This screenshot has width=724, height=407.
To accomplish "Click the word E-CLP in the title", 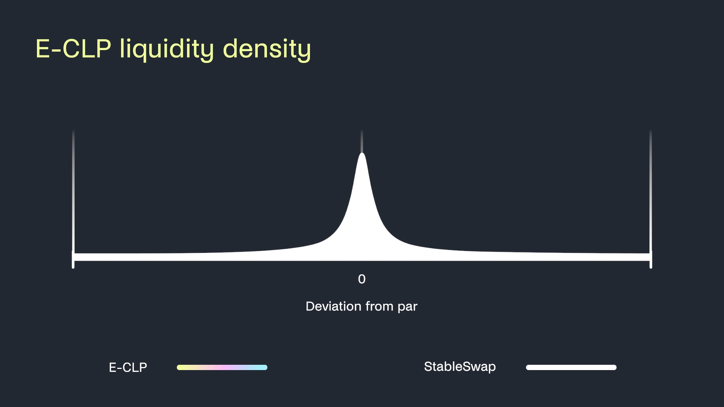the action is (74, 49).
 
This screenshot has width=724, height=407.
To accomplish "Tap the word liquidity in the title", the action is (167, 49).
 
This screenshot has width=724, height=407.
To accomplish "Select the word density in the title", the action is (267, 49).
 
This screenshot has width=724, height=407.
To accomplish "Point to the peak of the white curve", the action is (362, 153).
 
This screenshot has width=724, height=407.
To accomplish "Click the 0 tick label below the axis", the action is (362, 279).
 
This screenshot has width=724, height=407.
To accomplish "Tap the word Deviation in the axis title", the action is (334, 306).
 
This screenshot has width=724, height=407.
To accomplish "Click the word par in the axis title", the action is (407, 308).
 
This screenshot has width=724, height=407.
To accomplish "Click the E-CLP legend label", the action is (128, 367).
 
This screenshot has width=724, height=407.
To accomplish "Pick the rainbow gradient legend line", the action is (222, 367).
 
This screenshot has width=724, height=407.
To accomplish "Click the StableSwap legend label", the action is (460, 367).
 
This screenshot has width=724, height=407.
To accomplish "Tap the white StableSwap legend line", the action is (571, 367).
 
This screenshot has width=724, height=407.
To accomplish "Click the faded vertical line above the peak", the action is (362, 141).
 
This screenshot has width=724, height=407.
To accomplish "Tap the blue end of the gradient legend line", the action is (265, 367).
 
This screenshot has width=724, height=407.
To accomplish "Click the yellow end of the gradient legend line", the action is (179, 367).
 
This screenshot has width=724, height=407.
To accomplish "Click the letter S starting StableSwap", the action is (428, 366).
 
